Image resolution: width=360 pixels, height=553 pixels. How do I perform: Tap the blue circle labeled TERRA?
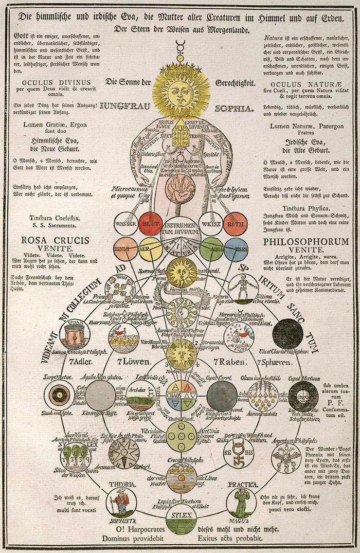point(236,249)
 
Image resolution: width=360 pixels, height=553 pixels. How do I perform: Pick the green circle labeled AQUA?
point(212,249)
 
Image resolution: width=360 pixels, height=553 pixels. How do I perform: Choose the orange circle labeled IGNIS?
point(126,249)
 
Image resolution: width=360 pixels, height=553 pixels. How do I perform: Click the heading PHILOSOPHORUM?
point(306,242)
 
